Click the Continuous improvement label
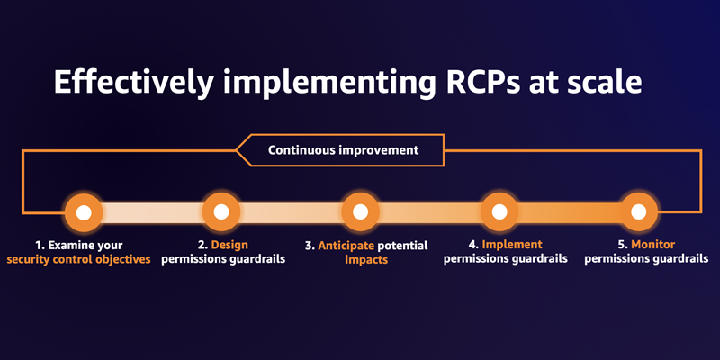click(344, 150)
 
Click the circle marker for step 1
click(84, 212)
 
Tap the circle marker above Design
click(221, 212)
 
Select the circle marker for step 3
click(360, 212)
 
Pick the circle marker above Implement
click(499, 212)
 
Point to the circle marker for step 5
click(637, 212)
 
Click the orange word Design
click(229, 245)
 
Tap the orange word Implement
click(513, 245)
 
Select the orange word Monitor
click(653, 245)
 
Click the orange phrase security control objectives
click(78, 259)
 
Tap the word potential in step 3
click(407, 245)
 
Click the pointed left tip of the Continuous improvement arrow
click(237, 150)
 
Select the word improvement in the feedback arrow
click(381, 150)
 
